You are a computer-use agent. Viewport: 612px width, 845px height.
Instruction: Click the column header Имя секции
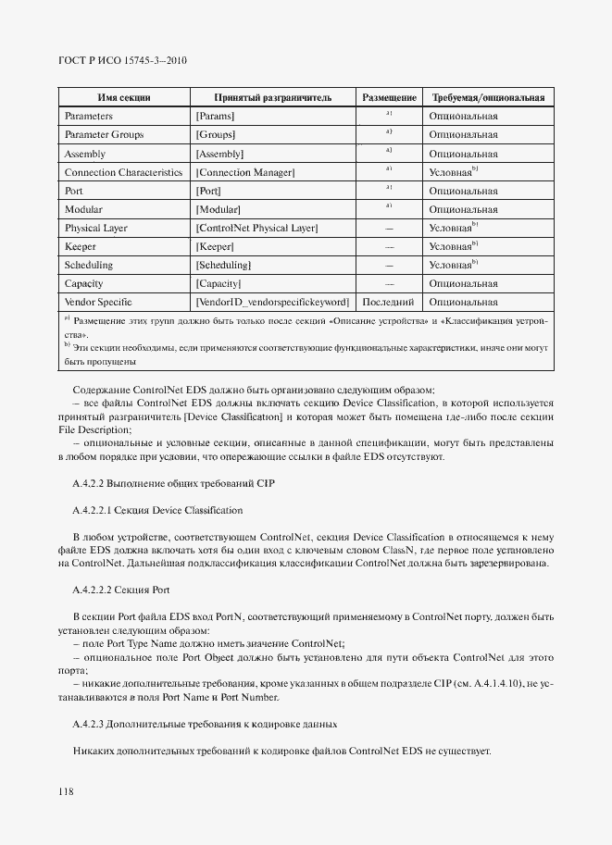(x=124, y=97)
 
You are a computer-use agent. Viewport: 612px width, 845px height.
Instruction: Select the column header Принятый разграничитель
(x=272, y=97)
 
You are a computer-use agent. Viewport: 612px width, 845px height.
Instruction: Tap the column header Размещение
(x=389, y=97)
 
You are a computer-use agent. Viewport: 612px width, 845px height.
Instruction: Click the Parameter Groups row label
(x=104, y=135)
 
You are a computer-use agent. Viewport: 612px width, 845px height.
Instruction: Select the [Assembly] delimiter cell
(x=219, y=154)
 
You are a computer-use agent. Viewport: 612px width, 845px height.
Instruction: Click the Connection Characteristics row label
(x=123, y=172)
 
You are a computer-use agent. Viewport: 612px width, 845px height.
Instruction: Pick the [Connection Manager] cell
(x=244, y=172)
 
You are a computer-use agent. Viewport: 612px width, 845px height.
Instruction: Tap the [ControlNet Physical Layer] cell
(x=256, y=228)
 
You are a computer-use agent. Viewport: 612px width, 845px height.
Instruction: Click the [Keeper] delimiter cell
(x=215, y=246)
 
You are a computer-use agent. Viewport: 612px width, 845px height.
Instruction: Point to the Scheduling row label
(x=89, y=265)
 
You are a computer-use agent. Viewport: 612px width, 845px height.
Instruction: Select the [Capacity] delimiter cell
(x=219, y=283)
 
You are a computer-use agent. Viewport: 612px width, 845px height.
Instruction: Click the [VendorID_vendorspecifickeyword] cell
(x=272, y=302)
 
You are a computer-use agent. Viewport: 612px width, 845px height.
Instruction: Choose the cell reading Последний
(x=389, y=302)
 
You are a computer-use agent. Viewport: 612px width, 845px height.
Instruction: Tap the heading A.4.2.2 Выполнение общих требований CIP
(x=173, y=484)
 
